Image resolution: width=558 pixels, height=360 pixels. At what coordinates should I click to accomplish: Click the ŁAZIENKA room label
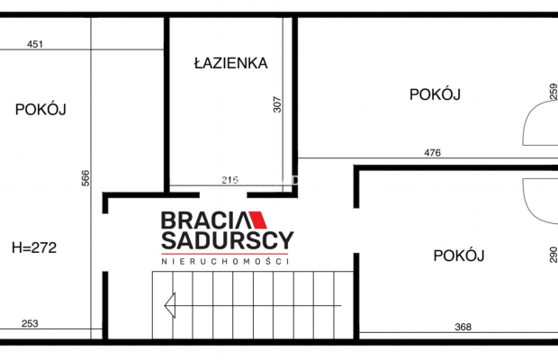pyautogui.click(x=230, y=63)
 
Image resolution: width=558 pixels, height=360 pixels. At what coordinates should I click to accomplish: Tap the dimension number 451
pyautogui.click(x=35, y=44)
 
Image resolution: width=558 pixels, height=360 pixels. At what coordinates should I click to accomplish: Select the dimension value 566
pyautogui.click(x=85, y=178)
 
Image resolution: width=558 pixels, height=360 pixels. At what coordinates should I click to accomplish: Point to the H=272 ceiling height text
pyautogui.click(x=34, y=247)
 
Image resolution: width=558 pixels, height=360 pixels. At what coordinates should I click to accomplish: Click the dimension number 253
pyautogui.click(x=30, y=323)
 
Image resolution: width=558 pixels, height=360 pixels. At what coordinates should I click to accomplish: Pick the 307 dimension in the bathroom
pyautogui.click(x=277, y=104)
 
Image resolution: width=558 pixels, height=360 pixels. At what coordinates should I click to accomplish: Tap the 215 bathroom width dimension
pyautogui.click(x=229, y=180)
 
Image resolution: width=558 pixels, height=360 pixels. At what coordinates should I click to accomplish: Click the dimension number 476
pyautogui.click(x=432, y=153)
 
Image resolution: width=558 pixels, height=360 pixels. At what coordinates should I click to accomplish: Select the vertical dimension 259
pyautogui.click(x=553, y=92)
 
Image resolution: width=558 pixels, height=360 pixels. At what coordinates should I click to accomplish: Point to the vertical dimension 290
pyautogui.click(x=553, y=255)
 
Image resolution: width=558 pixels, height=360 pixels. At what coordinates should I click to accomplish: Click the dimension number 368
pyautogui.click(x=463, y=327)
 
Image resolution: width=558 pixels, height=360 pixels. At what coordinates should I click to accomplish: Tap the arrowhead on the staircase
pyautogui.click(x=170, y=305)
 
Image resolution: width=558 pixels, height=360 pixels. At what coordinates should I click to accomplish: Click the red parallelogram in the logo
pyautogui.click(x=257, y=220)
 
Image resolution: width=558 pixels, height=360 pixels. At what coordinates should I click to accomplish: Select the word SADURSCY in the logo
pyautogui.click(x=228, y=240)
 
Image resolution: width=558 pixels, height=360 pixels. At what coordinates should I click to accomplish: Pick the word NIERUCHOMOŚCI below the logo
pyautogui.click(x=225, y=261)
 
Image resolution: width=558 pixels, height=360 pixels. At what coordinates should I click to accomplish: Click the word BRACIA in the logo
pyautogui.click(x=206, y=220)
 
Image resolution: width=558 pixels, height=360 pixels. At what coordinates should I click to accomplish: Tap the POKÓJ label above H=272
pyautogui.click(x=40, y=109)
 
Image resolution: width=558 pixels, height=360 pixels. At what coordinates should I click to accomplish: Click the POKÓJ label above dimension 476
pyautogui.click(x=435, y=94)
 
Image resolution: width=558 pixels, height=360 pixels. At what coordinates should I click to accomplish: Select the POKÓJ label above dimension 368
pyautogui.click(x=459, y=255)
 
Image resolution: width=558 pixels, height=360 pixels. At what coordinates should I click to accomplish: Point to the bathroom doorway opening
pyautogui.click(x=223, y=195)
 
